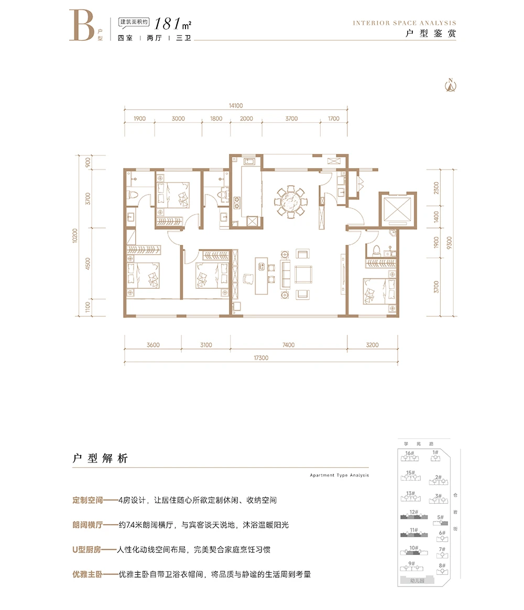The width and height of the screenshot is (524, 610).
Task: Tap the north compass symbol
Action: coord(450,84)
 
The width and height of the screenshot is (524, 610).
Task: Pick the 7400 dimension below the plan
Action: coord(288,345)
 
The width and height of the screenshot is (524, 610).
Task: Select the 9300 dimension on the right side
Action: coord(449,243)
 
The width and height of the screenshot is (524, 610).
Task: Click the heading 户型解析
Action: coord(100,459)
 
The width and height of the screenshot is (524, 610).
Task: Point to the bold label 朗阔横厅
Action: coord(87,525)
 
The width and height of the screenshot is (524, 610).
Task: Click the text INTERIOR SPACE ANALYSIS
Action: coord(404,23)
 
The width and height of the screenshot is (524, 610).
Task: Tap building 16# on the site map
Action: coord(410,455)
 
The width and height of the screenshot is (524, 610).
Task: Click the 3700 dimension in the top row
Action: coord(291,119)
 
